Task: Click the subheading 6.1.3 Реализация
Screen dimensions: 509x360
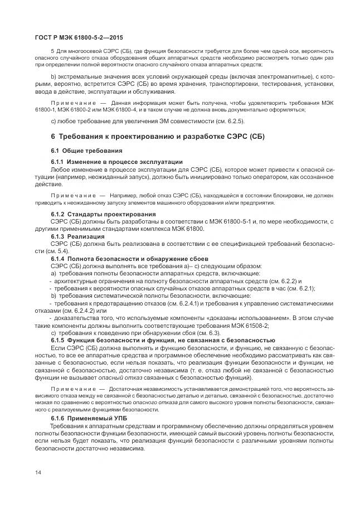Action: click(77, 236)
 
